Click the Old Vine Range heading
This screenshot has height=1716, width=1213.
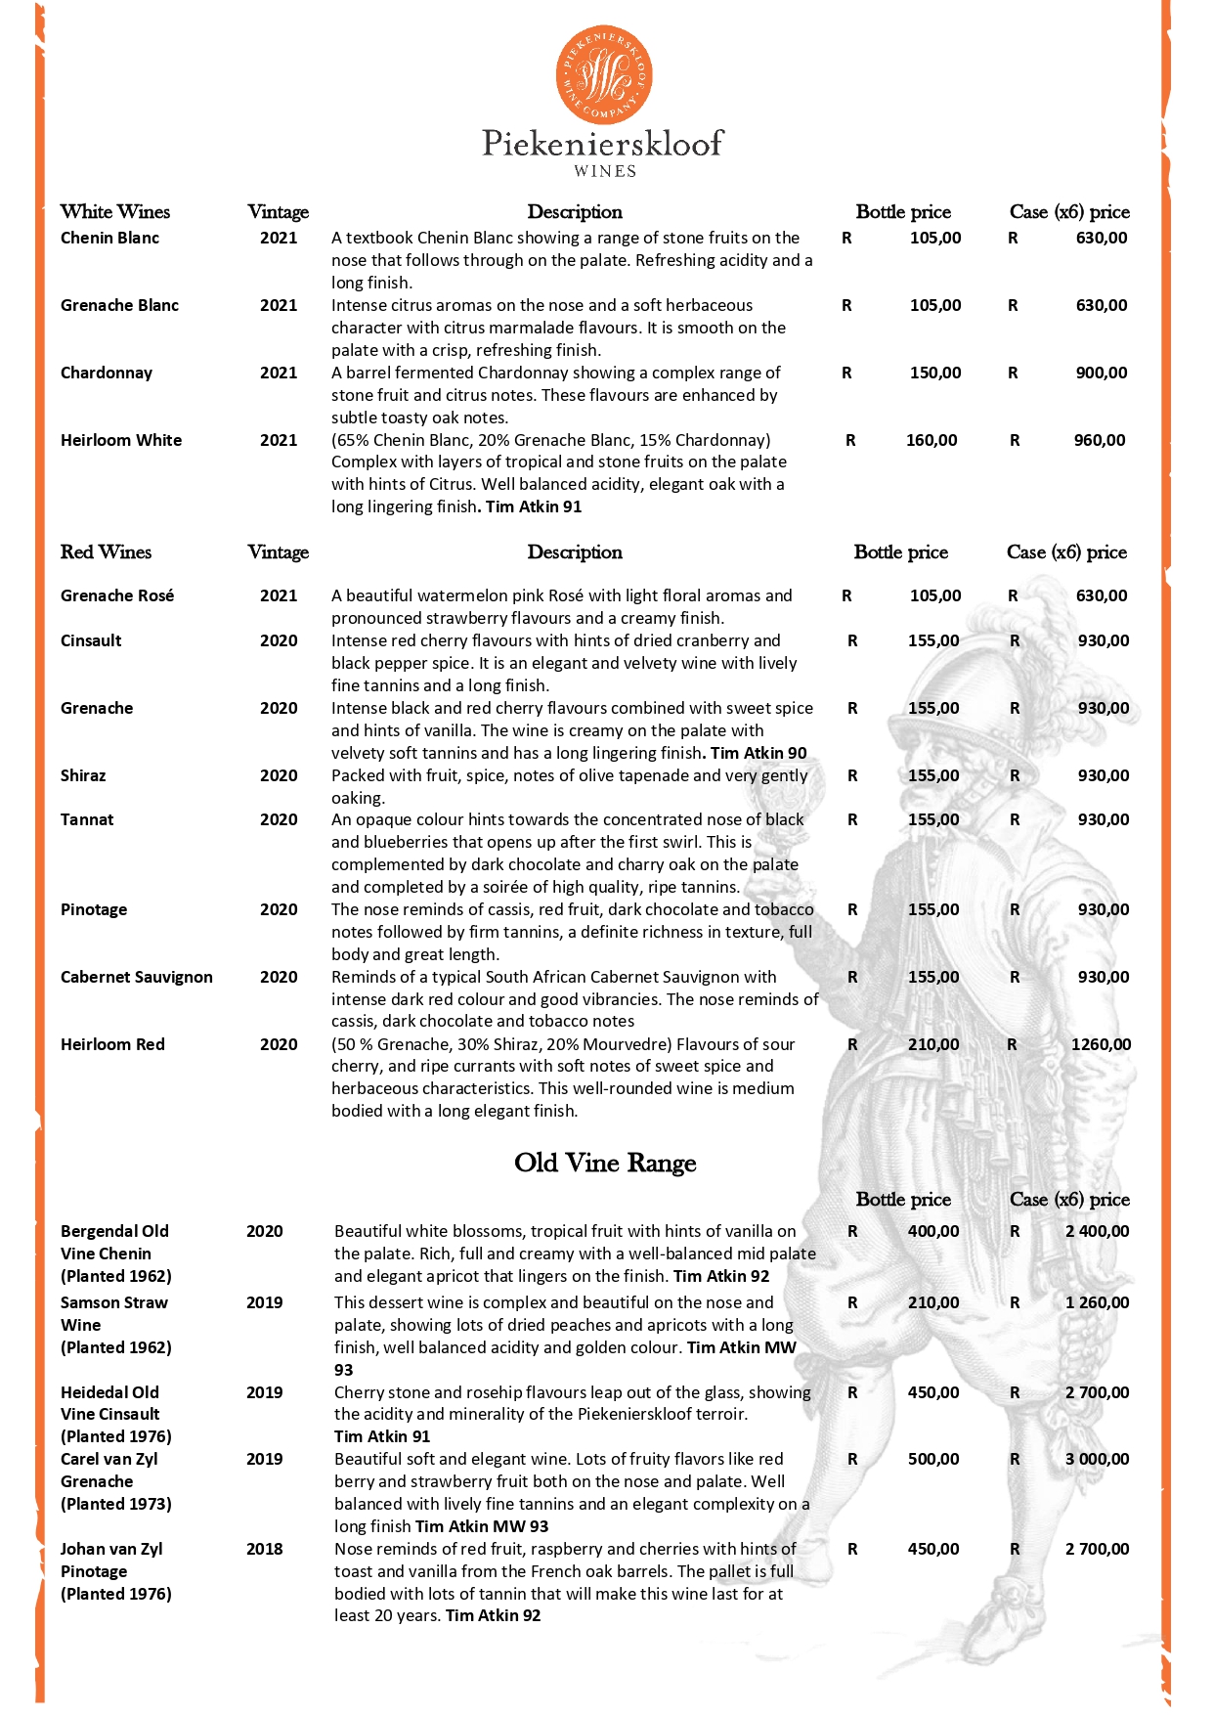pyautogui.click(x=605, y=1163)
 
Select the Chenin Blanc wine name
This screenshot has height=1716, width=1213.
pyautogui.click(x=109, y=238)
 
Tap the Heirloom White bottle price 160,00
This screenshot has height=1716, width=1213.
pyautogui.click(x=931, y=440)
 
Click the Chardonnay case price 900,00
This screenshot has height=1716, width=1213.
pyautogui.click(x=1102, y=373)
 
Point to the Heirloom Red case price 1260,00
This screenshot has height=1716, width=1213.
pyautogui.click(x=1101, y=1044)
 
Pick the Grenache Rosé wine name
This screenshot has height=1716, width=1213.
pyautogui.click(x=117, y=595)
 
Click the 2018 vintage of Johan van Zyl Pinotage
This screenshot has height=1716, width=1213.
pyautogui.click(x=264, y=1549)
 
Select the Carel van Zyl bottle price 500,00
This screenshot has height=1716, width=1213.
pyautogui.click(x=933, y=1459)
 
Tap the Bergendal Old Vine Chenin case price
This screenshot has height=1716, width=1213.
pyautogui.click(x=1097, y=1231)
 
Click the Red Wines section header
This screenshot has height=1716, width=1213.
pyautogui.click(x=106, y=551)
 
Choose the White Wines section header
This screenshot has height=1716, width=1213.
pyautogui.click(x=114, y=211)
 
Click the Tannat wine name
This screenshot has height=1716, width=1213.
pyautogui.click(x=87, y=819)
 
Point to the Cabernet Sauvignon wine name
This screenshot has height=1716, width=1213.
pyautogui.click(x=136, y=977)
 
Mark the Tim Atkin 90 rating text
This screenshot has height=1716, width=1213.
pyautogui.click(x=758, y=753)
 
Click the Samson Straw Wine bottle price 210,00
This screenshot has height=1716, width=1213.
pyautogui.click(x=933, y=1302)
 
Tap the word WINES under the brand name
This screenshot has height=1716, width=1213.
pyautogui.click(x=605, y=171)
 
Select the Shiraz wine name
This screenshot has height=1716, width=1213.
pyautogui.click(x=83, y=775)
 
